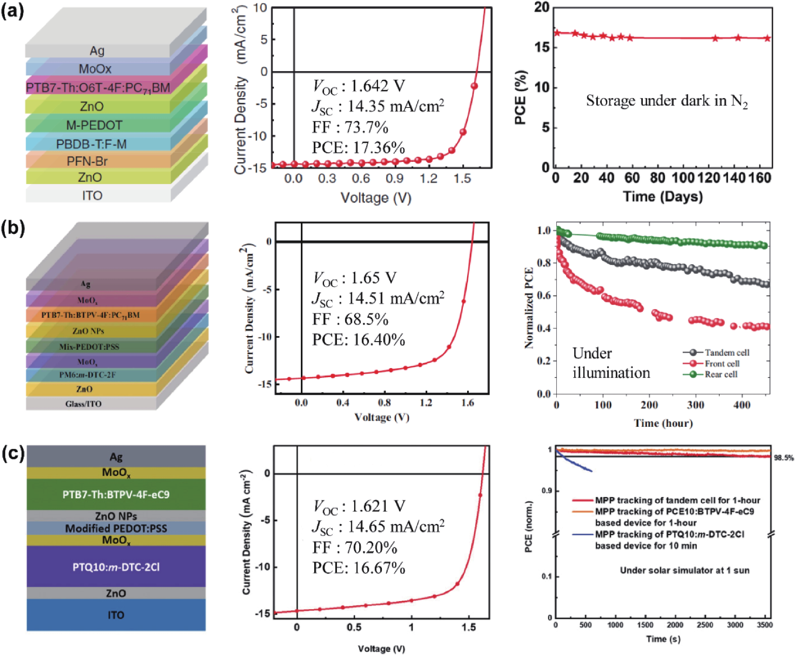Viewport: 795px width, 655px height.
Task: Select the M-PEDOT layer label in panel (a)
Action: point(94,125)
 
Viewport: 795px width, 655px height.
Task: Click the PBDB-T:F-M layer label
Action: point(91,144)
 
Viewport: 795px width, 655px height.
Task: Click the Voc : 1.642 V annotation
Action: point(358,86)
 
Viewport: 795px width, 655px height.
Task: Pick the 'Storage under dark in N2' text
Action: point(667,101)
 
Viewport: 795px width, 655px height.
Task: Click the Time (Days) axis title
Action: point(662,197)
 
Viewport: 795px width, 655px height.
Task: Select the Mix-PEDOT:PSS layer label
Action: point(89,347)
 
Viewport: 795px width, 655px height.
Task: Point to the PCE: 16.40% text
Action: point(358,340)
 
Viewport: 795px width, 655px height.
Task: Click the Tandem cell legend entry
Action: point(727,352)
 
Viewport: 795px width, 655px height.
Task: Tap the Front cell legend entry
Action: point(722,363)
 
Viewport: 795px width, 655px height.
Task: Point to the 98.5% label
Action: point(784,458)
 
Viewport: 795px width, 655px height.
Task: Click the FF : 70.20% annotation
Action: point(354,547)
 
